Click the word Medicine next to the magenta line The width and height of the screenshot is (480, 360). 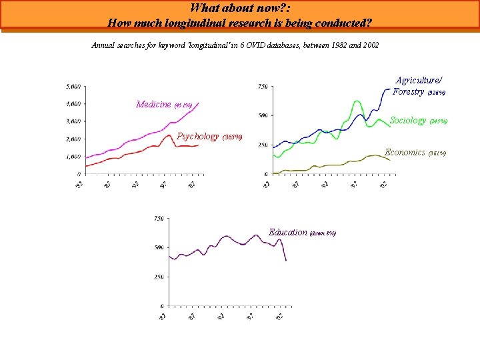point(153,104)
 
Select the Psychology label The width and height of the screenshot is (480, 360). point(198,137)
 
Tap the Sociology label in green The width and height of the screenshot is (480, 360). point(407,121)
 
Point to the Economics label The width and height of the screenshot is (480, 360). point(405,153)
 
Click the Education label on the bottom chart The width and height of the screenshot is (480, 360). point(288,233)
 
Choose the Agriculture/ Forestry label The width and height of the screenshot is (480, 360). point(417,85)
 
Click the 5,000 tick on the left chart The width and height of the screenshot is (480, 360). point(73,87)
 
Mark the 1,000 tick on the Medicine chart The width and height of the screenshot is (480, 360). point(73,157)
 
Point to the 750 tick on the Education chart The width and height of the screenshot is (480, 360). point(159,218)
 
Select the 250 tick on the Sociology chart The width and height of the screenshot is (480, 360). point(263,145)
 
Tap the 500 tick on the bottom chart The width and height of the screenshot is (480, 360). point(159,247)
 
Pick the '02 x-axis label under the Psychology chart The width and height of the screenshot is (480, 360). point(192,185)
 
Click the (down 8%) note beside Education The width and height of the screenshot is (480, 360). point(323,234)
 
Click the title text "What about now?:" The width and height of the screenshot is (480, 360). point(239,9)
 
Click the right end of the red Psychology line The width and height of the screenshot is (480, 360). point(198,145)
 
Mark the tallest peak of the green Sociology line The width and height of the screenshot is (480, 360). point(357,101)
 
